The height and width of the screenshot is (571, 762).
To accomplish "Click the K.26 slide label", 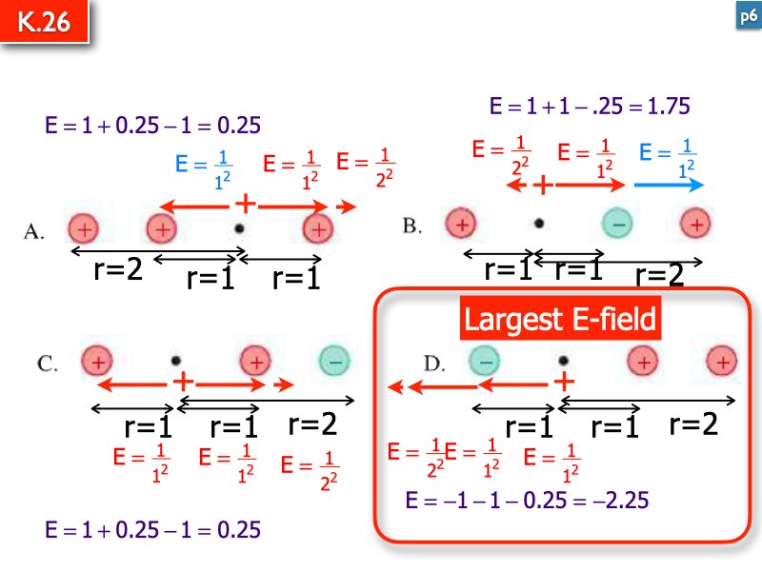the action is (x=44, y=21).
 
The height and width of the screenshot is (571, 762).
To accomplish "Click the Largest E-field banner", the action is (x=560, y=319).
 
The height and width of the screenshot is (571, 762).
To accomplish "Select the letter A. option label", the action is (x=33, y=231).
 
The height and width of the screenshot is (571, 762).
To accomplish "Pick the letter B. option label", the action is (x=412, y=226).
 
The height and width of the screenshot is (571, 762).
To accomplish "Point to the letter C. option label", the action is (x=47, y=364).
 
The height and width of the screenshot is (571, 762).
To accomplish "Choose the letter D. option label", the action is (x=434, y=364).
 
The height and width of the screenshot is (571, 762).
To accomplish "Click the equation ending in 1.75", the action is (x=590, y=106).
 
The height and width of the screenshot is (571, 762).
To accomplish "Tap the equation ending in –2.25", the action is (x=527, y=501).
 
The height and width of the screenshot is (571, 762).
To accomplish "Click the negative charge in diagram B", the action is (x=617, y=224).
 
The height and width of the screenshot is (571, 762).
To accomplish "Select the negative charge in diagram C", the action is (x=334, y=361).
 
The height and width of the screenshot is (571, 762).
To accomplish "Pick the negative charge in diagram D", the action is (x=484, y=361).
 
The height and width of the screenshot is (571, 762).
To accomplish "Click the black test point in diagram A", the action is (x=239, y=227).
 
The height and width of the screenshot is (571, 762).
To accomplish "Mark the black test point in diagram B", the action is (x=538, y=224).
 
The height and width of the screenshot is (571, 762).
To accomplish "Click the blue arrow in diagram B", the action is (x=670, y=185).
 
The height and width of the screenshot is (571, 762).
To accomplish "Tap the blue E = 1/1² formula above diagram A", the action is (x=204, y=169).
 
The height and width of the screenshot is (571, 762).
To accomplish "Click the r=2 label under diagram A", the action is (x=118, y=268).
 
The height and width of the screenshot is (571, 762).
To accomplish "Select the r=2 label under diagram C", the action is (x=312, y=423).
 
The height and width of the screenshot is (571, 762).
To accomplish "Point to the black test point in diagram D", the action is (x=563, y=361).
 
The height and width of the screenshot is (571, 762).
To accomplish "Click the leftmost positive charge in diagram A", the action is (x=84, y=228).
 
